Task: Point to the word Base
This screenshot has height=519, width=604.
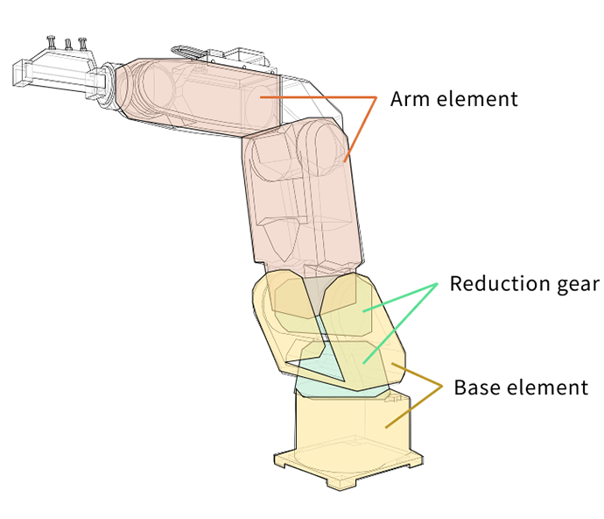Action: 474,387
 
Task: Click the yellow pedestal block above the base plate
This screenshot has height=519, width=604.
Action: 350,421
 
